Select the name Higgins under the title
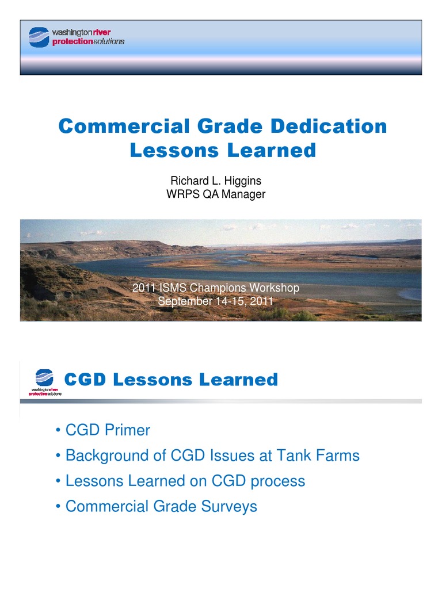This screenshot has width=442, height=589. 242,181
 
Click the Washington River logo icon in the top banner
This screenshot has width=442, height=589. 39,37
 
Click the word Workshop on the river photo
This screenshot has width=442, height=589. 272,288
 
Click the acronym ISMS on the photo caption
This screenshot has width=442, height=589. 175,288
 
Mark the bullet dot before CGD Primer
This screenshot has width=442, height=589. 59,431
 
